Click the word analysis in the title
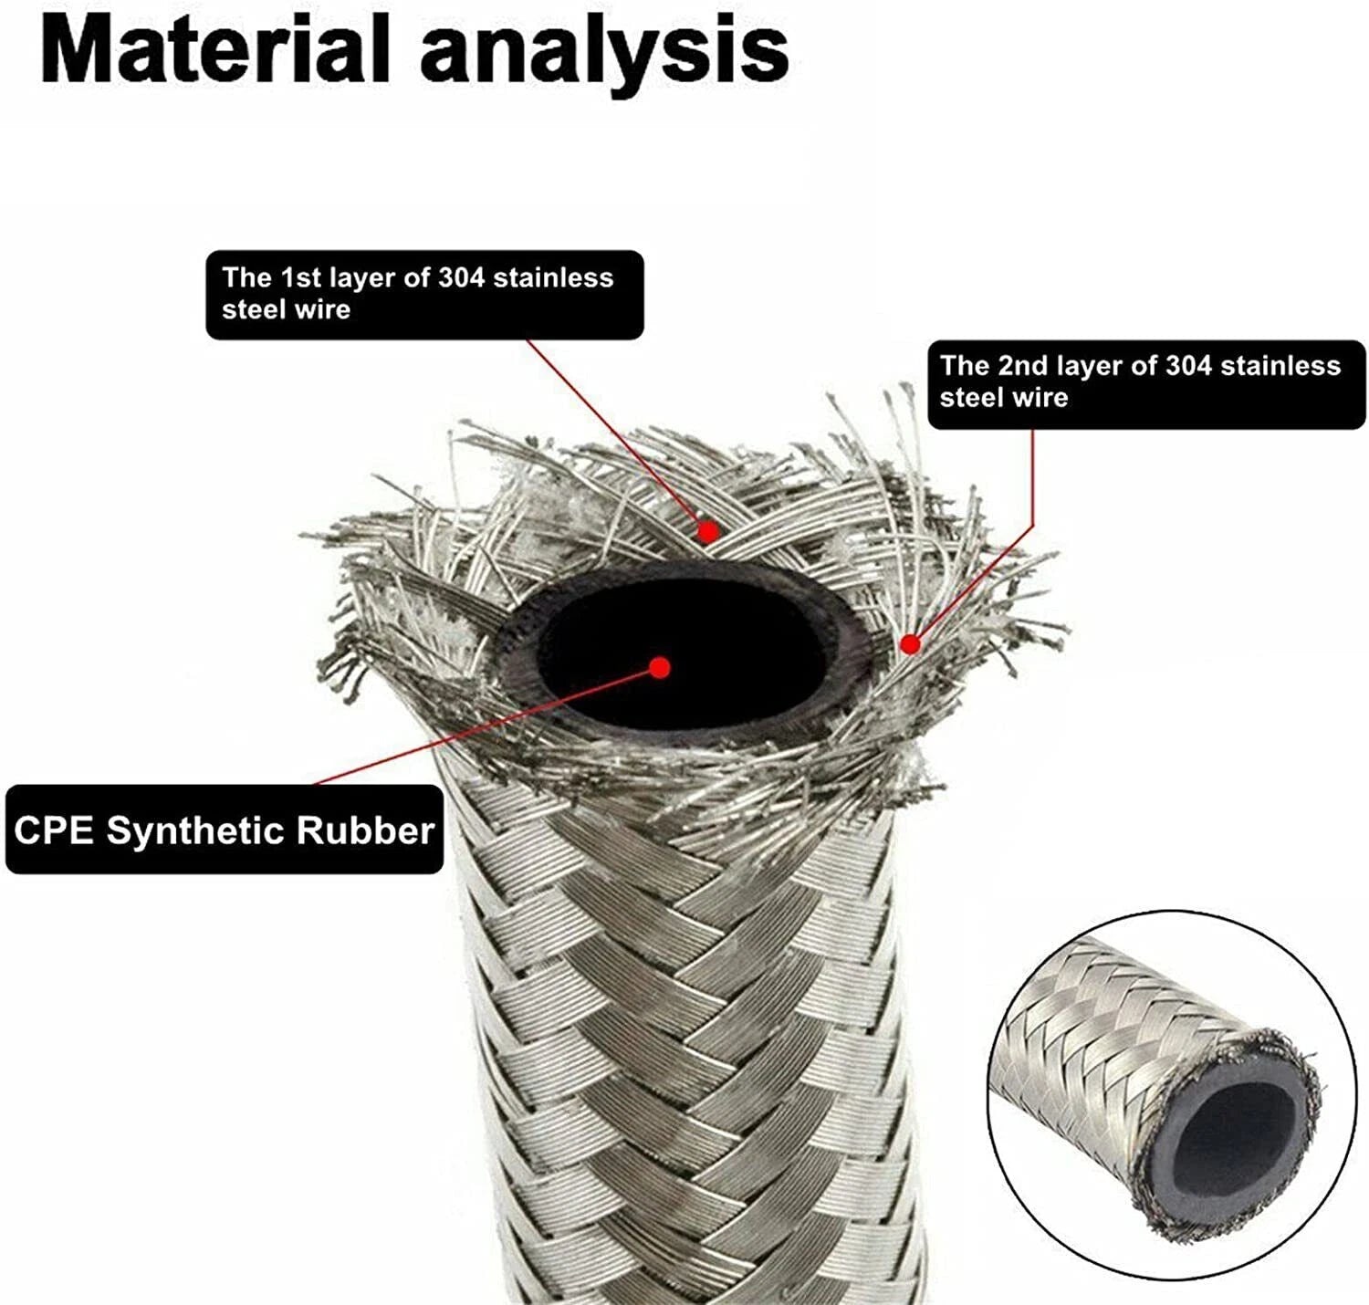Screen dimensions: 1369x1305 604,58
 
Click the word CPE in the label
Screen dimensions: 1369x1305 54,830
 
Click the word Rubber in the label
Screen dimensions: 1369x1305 365,830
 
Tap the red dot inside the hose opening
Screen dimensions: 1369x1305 660,667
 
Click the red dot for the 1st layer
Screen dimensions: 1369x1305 707,532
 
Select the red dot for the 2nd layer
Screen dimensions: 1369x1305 910,645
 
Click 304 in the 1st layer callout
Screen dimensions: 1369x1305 461,277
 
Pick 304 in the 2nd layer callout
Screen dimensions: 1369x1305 1188,366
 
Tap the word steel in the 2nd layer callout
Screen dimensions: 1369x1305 966,398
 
